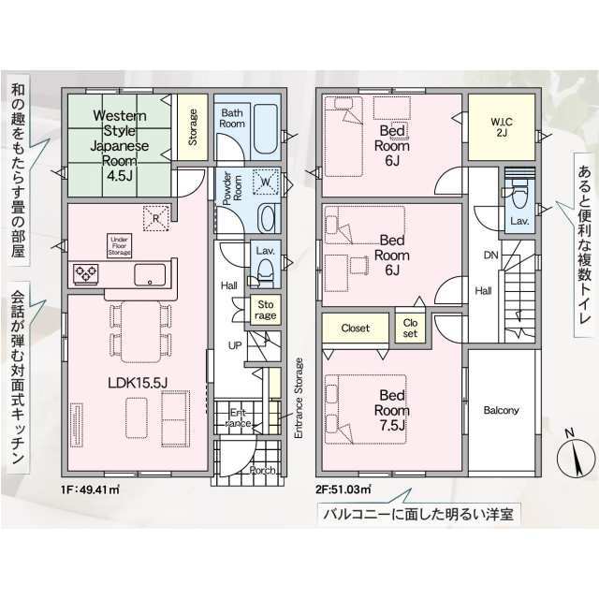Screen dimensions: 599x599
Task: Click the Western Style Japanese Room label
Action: click(x=120, y=146)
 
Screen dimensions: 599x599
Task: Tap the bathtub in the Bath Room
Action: click(x=265, y=129)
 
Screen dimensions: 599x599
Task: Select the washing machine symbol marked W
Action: click(x=266, y=183)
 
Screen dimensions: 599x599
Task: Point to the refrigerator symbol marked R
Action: click(x=156, y=218)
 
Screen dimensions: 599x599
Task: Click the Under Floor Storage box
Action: click(x=119, y=246)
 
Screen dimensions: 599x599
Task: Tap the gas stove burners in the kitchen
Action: click(x=85, y=274)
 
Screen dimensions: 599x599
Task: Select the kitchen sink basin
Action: click(x=150, y=275)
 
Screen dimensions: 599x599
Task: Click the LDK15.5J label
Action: click(x=138, y=383)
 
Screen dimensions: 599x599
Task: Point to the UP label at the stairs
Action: click(x=235, y=345)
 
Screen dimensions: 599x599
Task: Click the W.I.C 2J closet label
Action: click(x=502, y=127)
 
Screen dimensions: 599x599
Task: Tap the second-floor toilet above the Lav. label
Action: click(x=519, y=193)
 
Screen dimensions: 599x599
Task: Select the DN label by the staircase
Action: click(x=490, y=255)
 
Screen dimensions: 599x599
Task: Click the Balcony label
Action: click(x=502, y=410)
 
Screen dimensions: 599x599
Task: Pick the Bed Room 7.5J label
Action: click(x=392, y=410)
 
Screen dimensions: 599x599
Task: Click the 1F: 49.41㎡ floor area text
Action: click(x=90, y=489)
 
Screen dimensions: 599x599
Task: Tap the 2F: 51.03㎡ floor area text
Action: click(x=343, y=489)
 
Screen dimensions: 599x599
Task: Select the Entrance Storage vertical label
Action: click(x=299, y=398)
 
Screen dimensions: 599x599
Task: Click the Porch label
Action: click(x=262, y=470)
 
